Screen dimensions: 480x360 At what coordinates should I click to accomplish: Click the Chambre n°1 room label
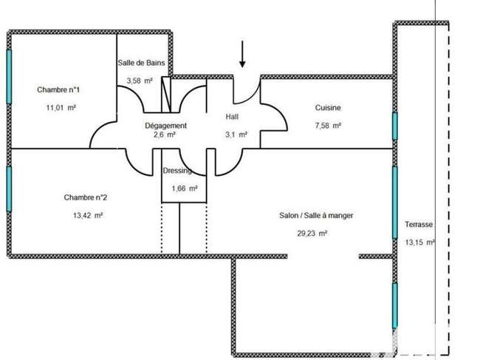pos(58,89)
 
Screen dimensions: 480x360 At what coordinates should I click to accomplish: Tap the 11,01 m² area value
pos(61,107)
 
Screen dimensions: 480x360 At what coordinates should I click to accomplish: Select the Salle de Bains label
pos(141,63)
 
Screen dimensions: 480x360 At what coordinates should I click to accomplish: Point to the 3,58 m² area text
pos(140,81)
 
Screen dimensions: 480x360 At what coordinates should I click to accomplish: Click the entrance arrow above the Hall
pos(242,54)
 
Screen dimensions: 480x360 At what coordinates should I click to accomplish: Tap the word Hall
pos(232,117)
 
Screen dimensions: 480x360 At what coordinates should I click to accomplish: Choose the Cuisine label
pos(328,107)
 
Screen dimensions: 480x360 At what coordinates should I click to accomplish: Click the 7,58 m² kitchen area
pos(328,126)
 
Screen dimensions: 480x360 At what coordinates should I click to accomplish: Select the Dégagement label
pos(165,126)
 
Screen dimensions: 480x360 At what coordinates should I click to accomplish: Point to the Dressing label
pos(177,171)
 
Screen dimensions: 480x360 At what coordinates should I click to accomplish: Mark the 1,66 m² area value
pos(185,189)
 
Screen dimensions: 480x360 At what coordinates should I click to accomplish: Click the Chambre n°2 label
pos(86,197)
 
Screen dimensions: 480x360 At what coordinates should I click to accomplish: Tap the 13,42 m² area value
pos(88,215)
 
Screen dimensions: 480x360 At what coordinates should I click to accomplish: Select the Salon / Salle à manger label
pos(316,216)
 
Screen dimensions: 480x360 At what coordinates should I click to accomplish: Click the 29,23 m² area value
pos(312,234)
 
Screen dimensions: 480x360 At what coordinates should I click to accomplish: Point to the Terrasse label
pos(419,225)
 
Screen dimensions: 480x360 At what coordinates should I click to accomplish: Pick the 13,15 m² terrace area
pos(419,242)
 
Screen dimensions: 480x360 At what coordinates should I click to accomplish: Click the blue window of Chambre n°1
pos(9,77)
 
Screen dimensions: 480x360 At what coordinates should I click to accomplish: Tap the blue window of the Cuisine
pos(395,126)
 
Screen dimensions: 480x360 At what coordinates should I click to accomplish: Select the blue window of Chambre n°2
pos(9,189)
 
